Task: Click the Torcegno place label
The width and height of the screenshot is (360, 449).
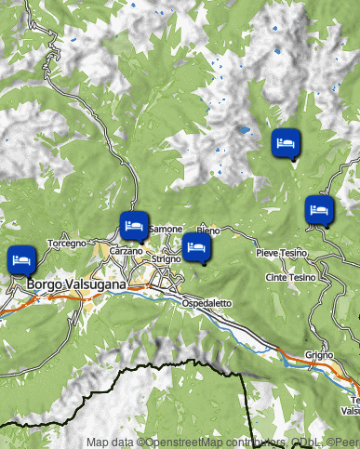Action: coord(66,243)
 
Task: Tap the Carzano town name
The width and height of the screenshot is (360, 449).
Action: coord(126,251)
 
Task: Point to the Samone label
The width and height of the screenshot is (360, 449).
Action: coord(166,229)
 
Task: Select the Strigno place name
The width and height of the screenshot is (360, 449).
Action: coord(167,259)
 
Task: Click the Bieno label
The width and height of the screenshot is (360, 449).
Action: coord(208,230)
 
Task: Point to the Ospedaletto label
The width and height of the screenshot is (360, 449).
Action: coord(204,304)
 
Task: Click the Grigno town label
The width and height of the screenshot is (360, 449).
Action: coord(318,355)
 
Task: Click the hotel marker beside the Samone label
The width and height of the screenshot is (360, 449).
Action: coord(133,225)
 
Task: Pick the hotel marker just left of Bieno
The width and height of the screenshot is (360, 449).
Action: coord(196,246)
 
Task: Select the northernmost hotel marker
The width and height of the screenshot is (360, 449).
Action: coord(286,143)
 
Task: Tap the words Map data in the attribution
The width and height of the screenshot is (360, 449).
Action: coord(111,442)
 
